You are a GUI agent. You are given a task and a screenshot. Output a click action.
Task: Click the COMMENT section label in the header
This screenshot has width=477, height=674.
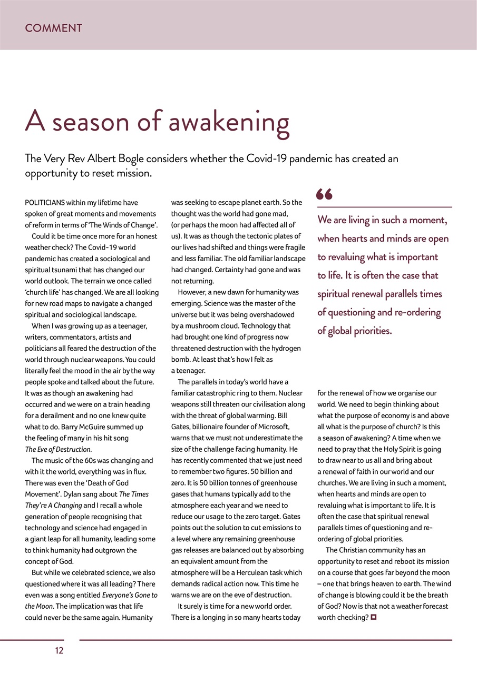[54, 28]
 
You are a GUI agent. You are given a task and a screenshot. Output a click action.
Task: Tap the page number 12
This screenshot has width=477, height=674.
[59, 651]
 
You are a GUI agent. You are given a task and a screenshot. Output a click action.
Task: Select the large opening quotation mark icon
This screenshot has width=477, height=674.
[324, 195]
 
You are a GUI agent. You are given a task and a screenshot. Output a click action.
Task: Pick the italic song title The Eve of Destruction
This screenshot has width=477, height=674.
[59, 449]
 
